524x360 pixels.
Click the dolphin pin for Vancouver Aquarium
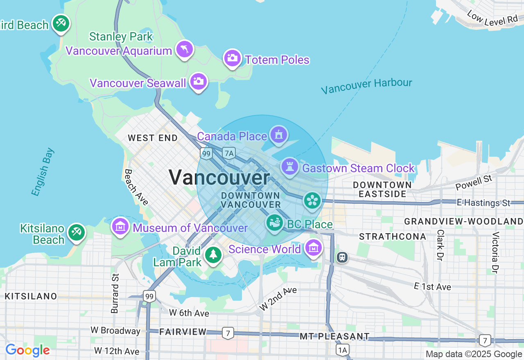coord(185,49)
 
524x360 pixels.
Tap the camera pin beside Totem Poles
coord(232,58)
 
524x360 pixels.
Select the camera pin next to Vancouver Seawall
coord(199,81)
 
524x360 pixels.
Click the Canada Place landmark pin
coord(279,135)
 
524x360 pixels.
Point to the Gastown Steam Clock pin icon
coord(290,167)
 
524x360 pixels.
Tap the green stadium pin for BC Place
coord(275,223)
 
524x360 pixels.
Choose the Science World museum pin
coord(314,248)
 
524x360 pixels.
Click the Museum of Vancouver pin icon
coord(120,226)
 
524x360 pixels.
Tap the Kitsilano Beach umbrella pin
coord(76,232)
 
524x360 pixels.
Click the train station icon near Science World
coord(342,257)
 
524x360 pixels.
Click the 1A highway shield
coord(342,350)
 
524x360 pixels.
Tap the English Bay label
coord(43,172)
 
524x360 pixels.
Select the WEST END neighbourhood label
coord(153,138)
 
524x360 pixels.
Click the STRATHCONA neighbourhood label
coord(393,236)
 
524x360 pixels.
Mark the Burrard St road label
coord(115,293)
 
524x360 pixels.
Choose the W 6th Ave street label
coord(189,313)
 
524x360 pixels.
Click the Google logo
coord(27,350)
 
